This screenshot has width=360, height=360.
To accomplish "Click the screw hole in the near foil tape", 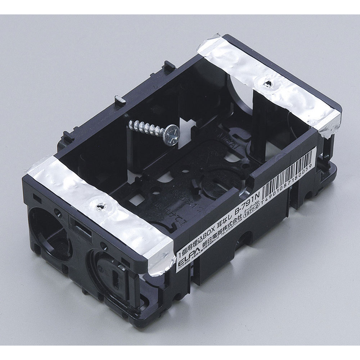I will (x=100, y=207).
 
